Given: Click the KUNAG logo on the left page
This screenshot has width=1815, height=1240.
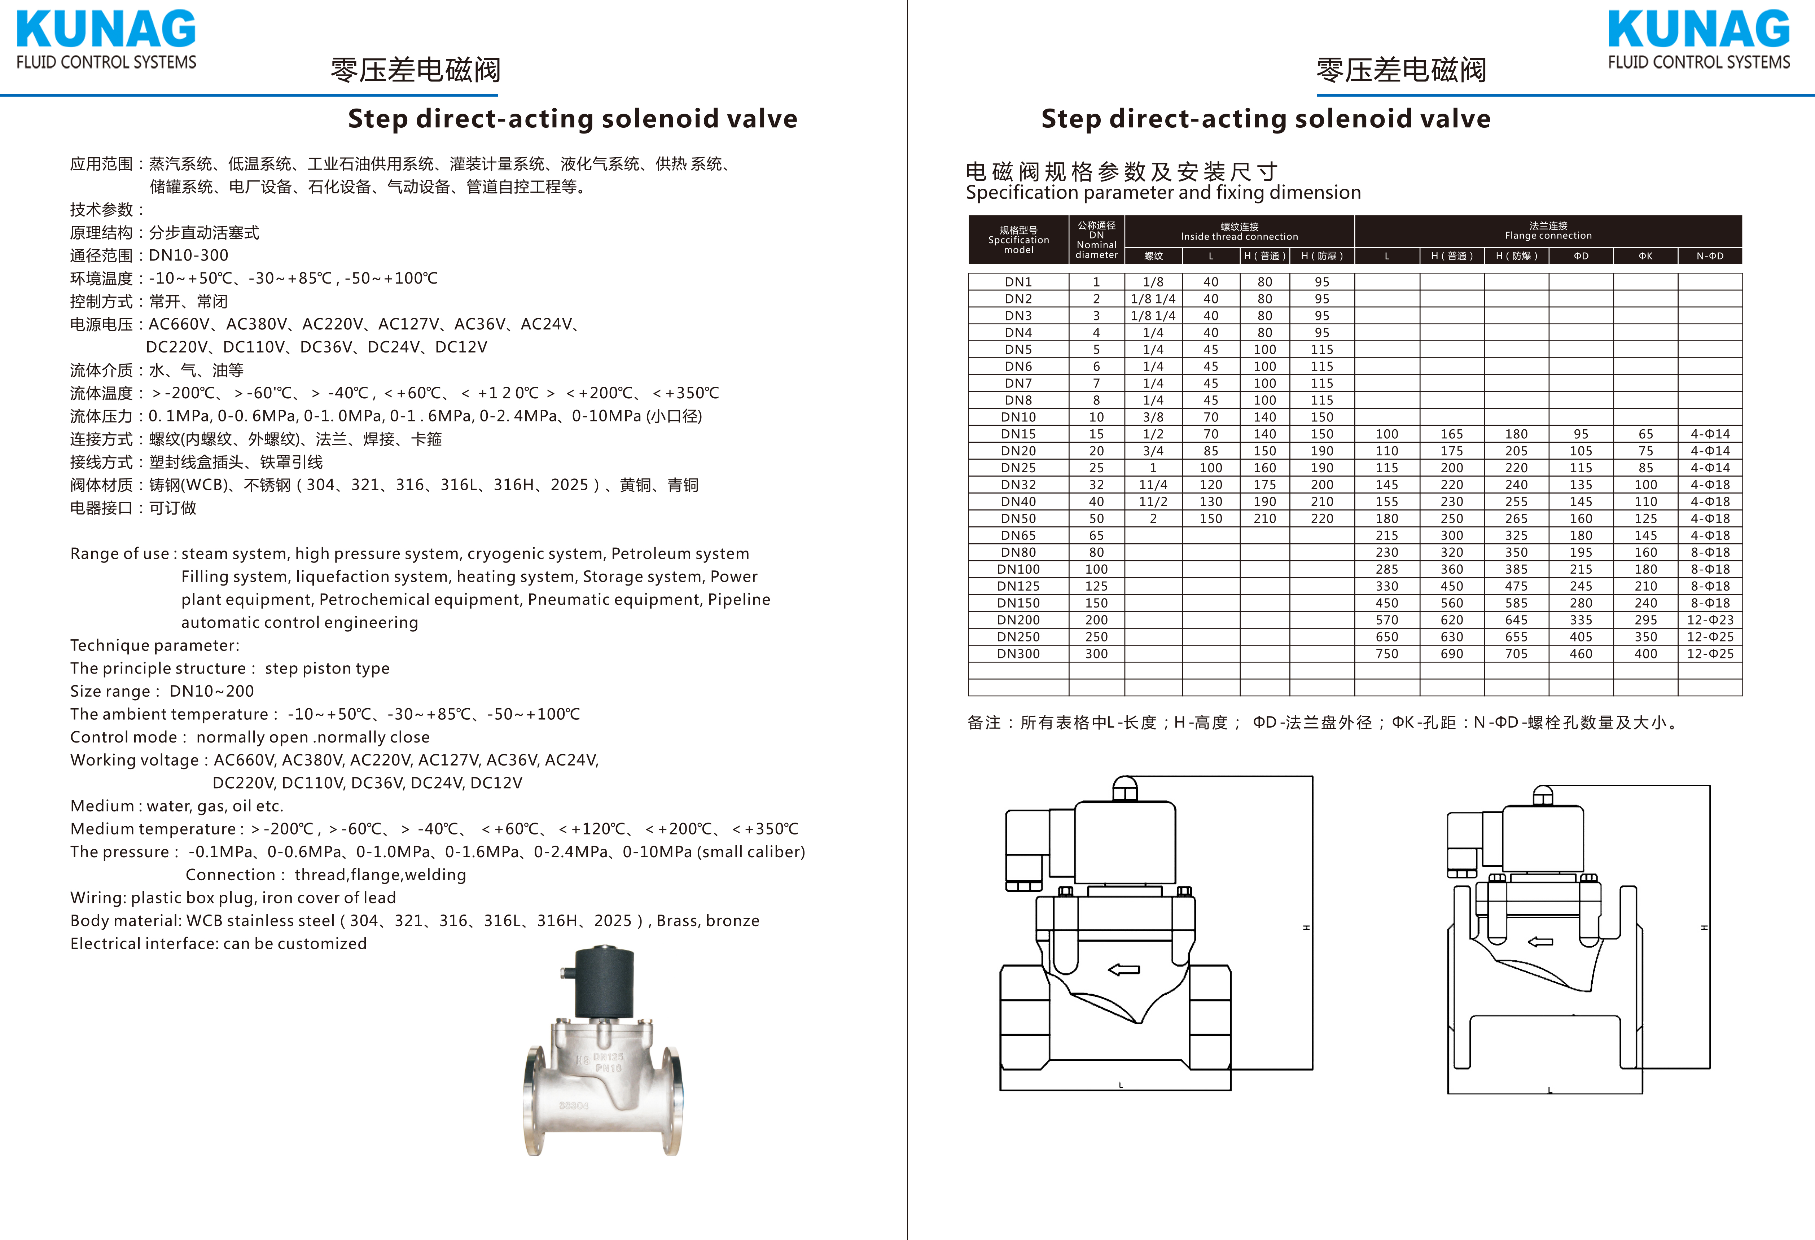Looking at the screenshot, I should [x=106, y=39].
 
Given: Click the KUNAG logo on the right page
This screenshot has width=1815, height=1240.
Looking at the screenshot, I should [x=1698, y=39].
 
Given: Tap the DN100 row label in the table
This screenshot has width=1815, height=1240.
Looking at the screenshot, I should [x=1018, y=569].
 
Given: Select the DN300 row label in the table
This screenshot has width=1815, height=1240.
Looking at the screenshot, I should [x=1018, y=654].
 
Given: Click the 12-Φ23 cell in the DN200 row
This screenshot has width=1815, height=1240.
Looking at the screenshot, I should [x=1710, y=620].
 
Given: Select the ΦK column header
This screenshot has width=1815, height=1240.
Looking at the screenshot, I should [x=1645, y=256].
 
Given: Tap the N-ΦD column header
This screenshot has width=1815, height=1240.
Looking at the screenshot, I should [x=1710, y=256].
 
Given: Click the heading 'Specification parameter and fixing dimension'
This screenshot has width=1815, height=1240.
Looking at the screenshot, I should [x=1163, y=193].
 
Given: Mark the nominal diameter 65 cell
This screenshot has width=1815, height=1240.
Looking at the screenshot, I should [x=1096, y=536].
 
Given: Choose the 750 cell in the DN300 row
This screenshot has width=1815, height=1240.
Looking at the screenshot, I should [x=1387, y=654].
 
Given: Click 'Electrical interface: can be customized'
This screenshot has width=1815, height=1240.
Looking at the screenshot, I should [x=219, y=943].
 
